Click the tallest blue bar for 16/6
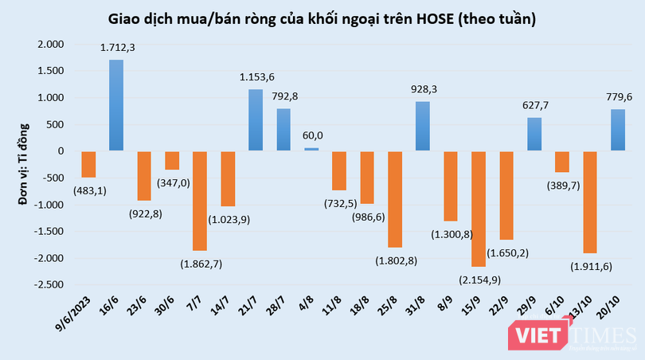116,105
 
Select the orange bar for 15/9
479,209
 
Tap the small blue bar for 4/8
311,149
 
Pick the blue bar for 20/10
618,130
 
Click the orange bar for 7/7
200,201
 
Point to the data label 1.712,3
117,48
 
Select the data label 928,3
423,90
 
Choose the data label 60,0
311,136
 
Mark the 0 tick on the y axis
62,151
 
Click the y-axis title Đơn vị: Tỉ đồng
23,164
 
